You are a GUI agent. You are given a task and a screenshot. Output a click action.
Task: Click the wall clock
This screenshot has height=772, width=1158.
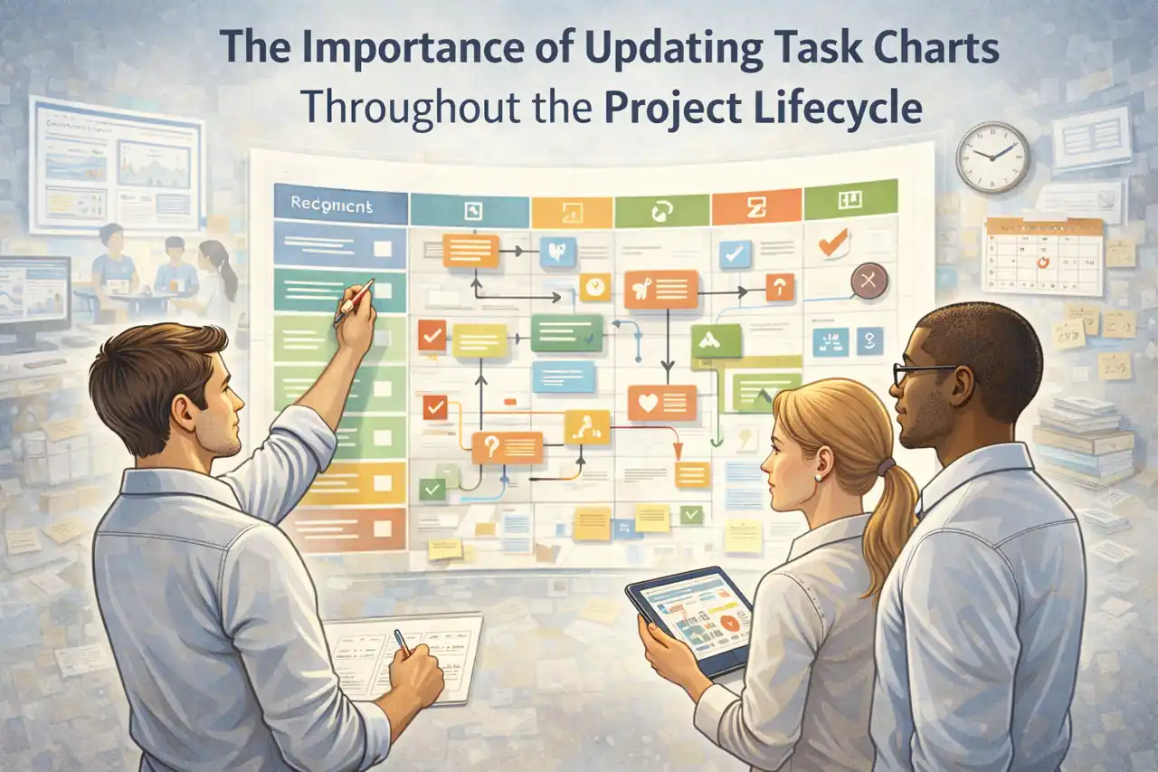coord(992,157)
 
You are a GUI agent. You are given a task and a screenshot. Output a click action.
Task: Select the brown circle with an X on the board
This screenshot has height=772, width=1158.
coord(868,281)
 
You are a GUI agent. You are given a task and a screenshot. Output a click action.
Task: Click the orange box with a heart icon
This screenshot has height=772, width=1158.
coord(661,403)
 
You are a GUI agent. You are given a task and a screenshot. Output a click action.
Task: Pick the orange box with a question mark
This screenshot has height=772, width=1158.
coord(507,447)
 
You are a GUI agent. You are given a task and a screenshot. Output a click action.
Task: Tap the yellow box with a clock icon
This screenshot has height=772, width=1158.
coord(594,287)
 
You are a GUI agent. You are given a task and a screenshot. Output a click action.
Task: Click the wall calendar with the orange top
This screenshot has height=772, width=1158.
coord(1042,255)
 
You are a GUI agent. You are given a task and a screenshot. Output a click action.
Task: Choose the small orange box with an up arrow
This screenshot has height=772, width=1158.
coord(779,287)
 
